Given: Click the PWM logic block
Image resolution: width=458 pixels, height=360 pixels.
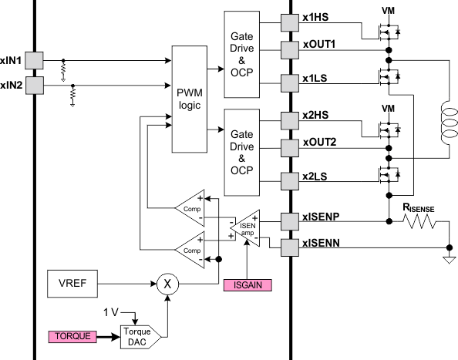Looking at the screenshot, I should (x=190, y=98).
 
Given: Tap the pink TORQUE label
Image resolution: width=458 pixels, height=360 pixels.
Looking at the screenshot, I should (x=73, y=337).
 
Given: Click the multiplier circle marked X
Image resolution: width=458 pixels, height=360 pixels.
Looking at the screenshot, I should (x=167, y=283).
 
